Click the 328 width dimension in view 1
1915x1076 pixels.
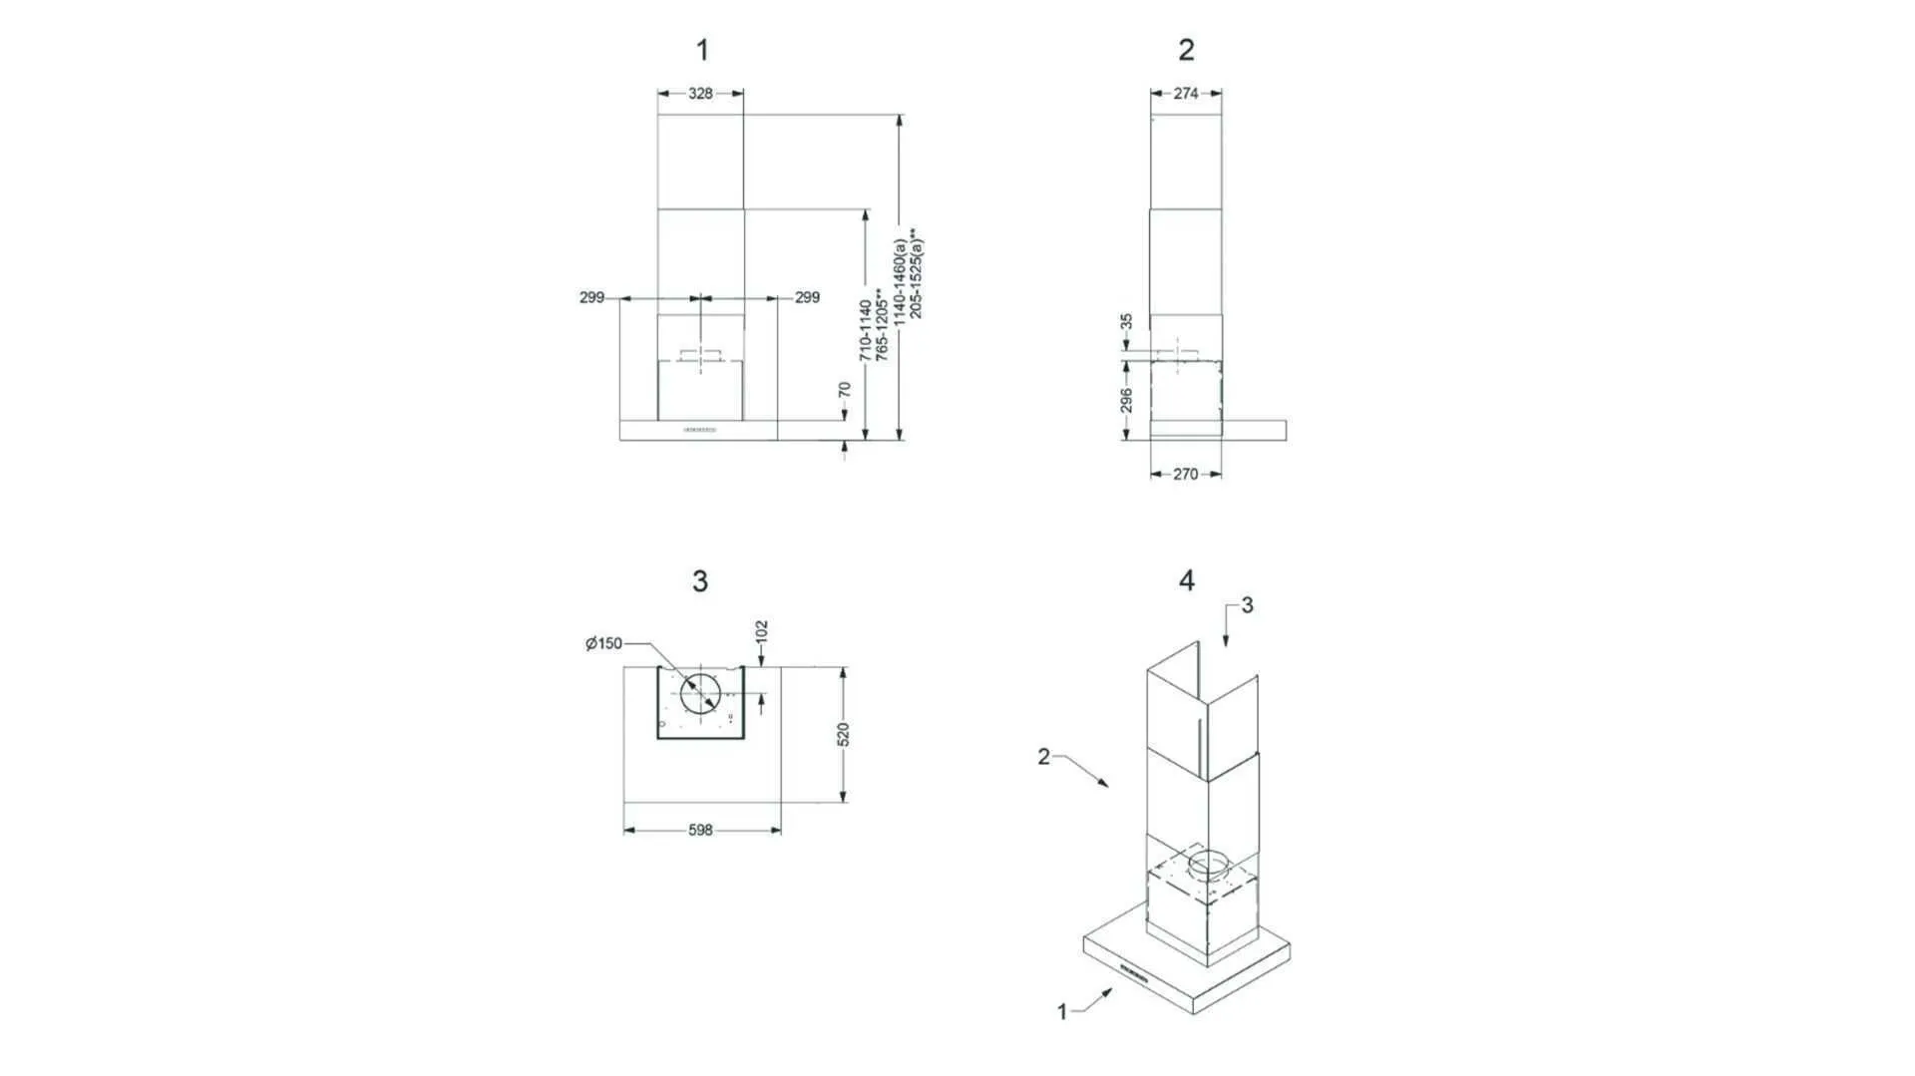[700, 94]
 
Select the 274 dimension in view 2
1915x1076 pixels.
[1186, 94]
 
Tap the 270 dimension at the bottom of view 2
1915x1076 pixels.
[1185, 475]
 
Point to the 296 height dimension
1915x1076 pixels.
[1126, 400]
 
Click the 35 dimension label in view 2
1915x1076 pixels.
[1126, 322]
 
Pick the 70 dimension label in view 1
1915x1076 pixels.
[845, 390]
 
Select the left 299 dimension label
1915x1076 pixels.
[591, 297]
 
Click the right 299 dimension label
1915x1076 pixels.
[807, 297]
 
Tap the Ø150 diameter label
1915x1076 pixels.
[604, 644]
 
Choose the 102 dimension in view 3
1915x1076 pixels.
[762, 631]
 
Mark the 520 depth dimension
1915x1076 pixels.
[844, 735]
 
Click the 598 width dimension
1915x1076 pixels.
[700, 830]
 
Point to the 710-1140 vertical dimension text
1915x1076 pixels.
[865, 330]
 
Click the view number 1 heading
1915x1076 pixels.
[702, 50]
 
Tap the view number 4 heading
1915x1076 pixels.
[1186, 580]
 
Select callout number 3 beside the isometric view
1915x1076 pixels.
[1247, 605]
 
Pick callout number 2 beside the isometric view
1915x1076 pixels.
[1043, 757]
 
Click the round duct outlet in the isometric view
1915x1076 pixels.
[1210, 864]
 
